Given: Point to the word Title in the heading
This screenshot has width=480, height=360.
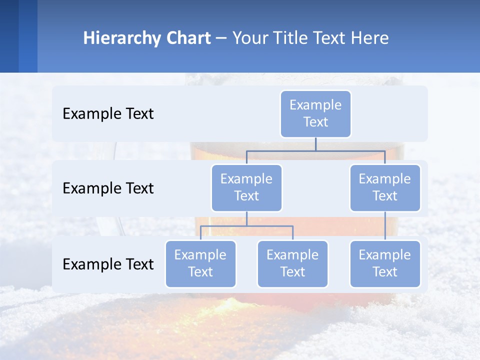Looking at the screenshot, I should click(294, 38).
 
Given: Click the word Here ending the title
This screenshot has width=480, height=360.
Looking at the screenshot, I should click(370, 38).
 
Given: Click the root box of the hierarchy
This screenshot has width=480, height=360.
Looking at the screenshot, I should click(315, 113).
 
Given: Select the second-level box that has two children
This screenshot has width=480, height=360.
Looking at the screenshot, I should click(246, 187).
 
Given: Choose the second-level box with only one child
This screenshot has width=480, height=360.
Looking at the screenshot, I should click(385, 187).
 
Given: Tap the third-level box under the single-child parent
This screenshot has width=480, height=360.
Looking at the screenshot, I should click(385, 263).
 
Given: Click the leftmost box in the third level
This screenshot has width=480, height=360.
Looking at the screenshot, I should click(200, 263).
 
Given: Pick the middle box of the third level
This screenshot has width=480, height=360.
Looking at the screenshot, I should click(292, 263).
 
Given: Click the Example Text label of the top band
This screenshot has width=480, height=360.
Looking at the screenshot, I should click(108, 114).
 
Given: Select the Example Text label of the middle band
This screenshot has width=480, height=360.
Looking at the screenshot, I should click(108, 188).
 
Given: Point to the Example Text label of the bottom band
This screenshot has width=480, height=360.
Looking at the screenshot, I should click(108, 264).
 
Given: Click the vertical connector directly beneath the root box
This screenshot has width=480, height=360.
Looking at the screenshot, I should click(315, 144).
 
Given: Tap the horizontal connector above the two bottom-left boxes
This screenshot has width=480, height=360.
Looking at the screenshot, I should click(246, 226).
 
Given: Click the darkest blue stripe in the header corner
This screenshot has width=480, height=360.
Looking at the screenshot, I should click(9, 36).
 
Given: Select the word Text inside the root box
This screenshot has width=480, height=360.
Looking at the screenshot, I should click(315, 122).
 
